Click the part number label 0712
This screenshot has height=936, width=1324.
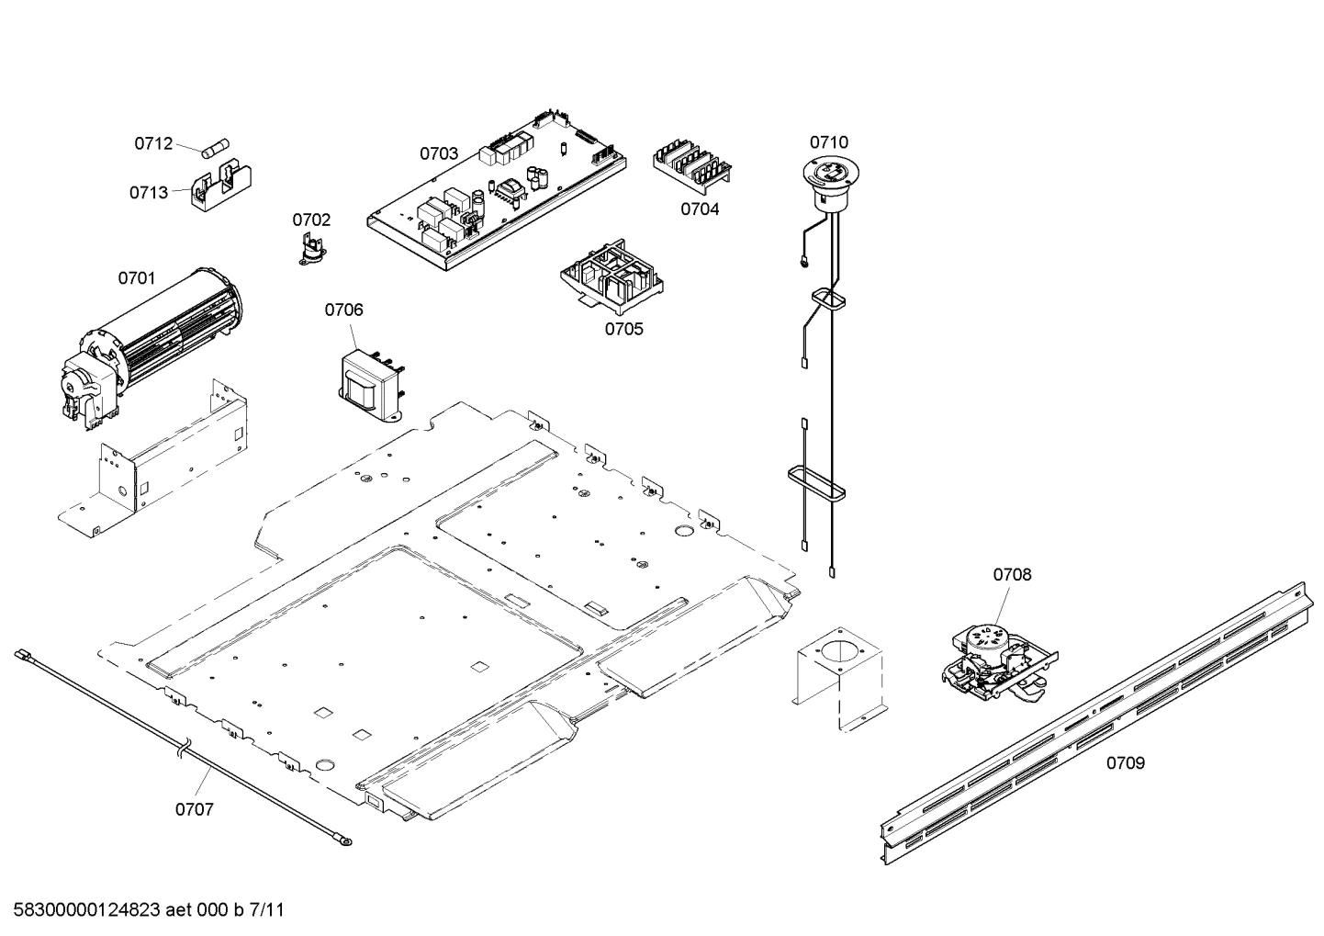pyautogui.click(x=153, y=143)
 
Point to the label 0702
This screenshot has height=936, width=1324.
pyautogui.click(x=311, y=220)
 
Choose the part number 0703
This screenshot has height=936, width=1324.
pyautogui.click(x=439, y=153)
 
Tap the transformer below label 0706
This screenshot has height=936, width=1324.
pyautogui.click(x=371, y=382)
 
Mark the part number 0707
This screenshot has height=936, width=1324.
pyautogui.click(x=195, y=809)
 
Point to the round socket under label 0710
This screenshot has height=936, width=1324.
pyautogui.click(x=829, y=175)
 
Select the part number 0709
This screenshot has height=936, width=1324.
pyautogui.click(x=1125, y=762)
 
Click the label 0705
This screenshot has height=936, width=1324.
pyautogui.click(x=623, y=329)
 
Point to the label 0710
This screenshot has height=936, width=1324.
pyautogui.click(x=828, y=142)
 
